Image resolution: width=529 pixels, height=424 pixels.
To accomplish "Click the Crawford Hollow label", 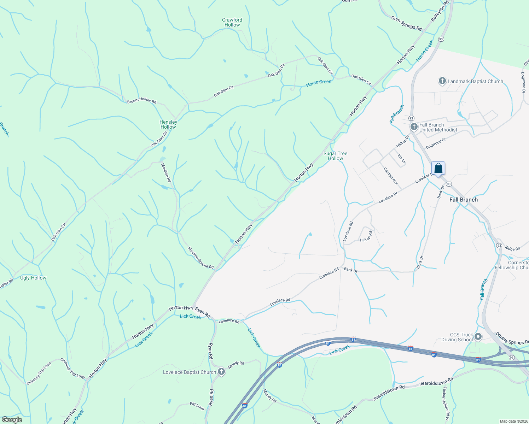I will (232, 22).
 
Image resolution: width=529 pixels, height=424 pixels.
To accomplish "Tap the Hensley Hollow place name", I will (168, 124).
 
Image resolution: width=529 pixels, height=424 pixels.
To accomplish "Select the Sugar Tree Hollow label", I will (335, 156).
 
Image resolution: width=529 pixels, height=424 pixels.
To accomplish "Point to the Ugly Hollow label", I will (33, 278).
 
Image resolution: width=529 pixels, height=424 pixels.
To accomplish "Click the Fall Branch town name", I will (463, 200).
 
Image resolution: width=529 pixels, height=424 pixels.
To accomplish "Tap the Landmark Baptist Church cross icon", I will (442, 81).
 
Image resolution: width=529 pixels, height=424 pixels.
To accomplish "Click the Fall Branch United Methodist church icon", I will (414, 126).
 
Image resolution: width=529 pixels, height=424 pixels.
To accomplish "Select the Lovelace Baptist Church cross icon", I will (221, 372).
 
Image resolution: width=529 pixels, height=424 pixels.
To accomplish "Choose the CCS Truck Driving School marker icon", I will (478, 337).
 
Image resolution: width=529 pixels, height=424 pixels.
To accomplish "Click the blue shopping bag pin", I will (438, 169).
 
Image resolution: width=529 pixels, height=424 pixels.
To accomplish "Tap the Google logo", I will (12, 420).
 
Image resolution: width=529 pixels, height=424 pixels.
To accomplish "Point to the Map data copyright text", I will (513, 421).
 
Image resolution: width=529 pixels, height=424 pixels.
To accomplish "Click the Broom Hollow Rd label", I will (142, 101).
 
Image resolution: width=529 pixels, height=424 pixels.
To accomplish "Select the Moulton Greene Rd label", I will (201, 258).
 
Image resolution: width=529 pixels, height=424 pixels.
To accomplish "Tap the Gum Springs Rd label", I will (406, 23).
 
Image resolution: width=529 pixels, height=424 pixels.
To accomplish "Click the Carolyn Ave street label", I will (391, 176).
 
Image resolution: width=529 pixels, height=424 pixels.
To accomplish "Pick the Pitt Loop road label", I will (197, 406).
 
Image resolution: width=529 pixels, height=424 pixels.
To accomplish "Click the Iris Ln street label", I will (401, 159).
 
